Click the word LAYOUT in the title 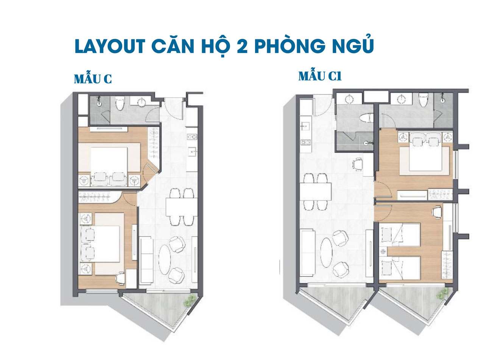(110, 46)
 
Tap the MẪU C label (93, 79)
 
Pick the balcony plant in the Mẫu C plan (189, 301)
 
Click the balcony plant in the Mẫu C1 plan (442, 294)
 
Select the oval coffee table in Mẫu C (165, 260)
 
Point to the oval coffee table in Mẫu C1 (326, 253)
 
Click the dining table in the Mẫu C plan (181, 207)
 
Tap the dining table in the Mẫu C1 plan (315, 191)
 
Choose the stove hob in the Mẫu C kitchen (192, 137)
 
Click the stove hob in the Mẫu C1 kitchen (305, 142)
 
